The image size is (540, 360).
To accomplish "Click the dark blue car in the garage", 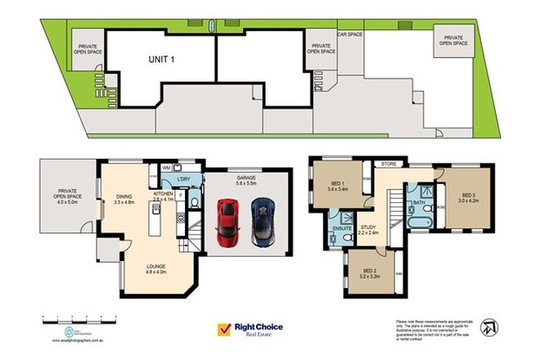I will click(262, 220).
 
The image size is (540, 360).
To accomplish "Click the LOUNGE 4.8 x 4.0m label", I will click(155, 269).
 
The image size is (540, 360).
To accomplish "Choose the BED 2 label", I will click(369, 273).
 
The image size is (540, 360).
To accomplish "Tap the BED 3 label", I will click(462, 197).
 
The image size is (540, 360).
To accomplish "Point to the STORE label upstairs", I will click(387, 164).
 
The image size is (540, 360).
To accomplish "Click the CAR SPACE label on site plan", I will click(350, 35).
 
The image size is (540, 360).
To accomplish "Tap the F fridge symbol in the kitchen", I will click(180, 195).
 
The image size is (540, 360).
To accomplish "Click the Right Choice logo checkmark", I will click(223, 329).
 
